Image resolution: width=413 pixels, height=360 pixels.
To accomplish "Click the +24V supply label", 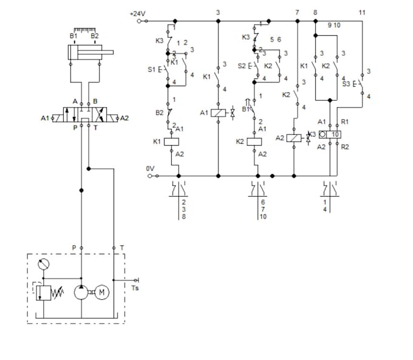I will coord(138,13).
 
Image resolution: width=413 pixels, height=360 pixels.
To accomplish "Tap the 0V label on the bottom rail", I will coord(150,168).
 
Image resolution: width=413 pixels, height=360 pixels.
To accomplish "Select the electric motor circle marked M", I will coord(102,292).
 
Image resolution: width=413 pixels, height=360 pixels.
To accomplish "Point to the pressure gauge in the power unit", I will coord(43,265).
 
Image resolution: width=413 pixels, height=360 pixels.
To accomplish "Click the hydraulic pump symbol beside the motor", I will coord(81,292).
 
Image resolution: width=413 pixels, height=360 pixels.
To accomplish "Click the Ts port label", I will coord(135,288).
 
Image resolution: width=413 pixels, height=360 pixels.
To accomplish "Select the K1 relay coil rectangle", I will coord(172,141).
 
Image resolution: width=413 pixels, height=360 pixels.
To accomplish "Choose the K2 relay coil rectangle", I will coord(255,141).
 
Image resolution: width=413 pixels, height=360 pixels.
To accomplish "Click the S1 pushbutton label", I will coord(152,69).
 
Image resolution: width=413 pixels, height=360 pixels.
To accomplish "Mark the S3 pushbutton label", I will coord(346,84).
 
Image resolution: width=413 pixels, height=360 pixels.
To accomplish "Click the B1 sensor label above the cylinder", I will coord(73,36).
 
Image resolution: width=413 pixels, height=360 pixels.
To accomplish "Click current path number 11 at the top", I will coord(363,12).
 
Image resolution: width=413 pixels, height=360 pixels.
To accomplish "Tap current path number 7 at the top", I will coord(297,12).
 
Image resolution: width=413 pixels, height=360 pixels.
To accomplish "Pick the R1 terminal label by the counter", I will coord(345,121).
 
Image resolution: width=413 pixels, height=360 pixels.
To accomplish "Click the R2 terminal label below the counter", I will coord(345,147).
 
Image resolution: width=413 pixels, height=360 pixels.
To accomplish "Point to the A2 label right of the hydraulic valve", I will coord(125,118).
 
